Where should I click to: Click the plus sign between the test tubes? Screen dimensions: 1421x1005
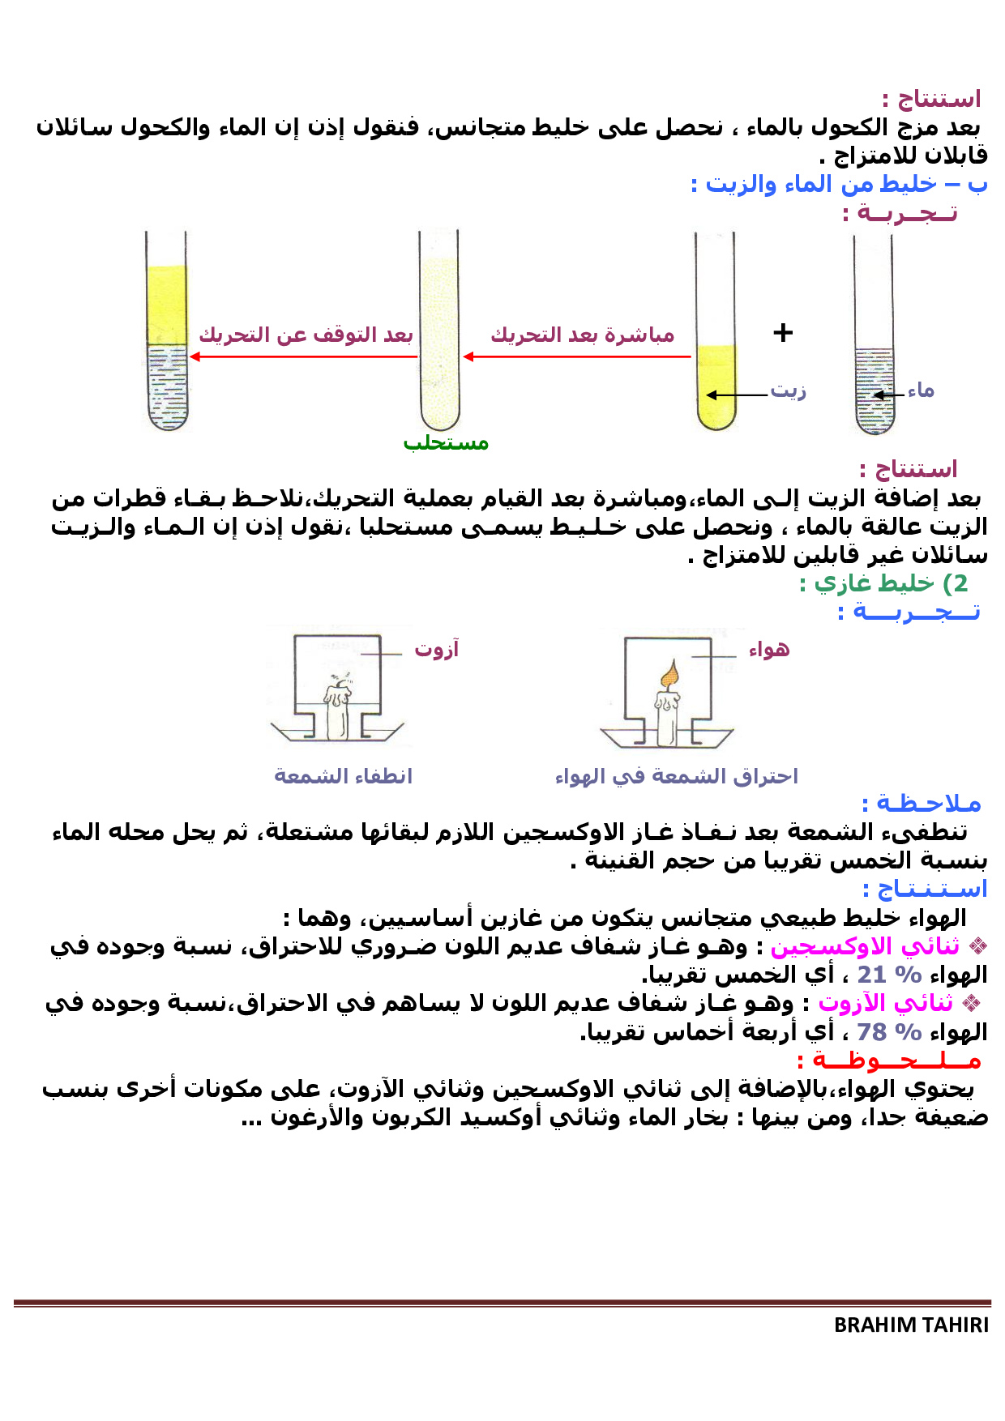(783, 332)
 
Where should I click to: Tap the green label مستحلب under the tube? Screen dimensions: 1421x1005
(446, 443)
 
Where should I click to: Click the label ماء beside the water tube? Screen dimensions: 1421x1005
(921, 391)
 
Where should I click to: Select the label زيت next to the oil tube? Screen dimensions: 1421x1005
(788, 390)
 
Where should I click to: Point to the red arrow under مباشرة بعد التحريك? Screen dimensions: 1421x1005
(577, 356)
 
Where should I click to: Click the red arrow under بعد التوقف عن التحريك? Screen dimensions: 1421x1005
(303, 356)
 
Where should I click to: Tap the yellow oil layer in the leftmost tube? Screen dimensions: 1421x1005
(167, 305)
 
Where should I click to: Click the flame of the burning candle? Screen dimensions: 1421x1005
(669, 674)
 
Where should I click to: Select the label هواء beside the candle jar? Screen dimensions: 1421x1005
(768, 649)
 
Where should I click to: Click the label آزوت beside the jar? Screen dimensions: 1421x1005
(437, 649)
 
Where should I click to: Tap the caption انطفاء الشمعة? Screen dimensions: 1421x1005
(343, 776)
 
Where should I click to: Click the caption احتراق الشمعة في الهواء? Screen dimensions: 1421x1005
(676, 776)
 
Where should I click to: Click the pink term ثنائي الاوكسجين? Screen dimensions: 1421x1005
(865, 945)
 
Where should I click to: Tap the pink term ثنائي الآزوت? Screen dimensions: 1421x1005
(885, 1003)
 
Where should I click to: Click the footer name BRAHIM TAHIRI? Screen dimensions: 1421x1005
(911, 1325)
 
